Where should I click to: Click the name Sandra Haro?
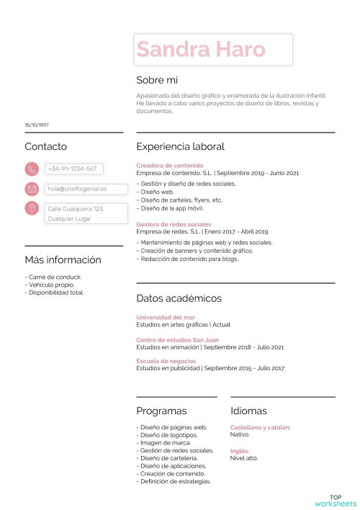[x=201, y=49]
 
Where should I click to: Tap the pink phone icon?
[x=32, y=169]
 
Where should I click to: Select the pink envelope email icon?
[x=32, y=189]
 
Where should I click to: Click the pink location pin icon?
[x=32, y=209]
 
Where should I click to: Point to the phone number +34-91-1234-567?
[x=72, y=169]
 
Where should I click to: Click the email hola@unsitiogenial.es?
[x=77, y=189]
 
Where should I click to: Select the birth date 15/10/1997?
[x=37, y=125]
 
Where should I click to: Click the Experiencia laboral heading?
[x=180, y=146]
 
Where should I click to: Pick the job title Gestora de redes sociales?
[x=174, y=224]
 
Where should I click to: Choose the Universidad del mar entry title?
[x=166, y=317]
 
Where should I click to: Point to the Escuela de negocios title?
[x=166, y=361]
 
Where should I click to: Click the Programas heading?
[x=161, y=411]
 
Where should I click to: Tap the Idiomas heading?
[x=248, y=411]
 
